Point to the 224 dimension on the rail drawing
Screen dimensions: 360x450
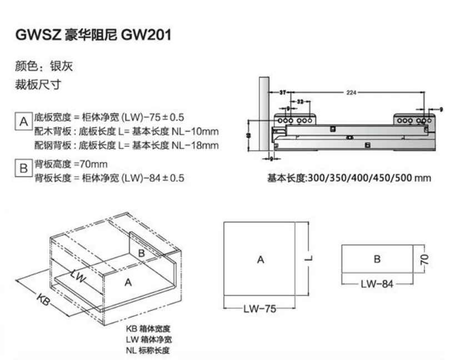click(x=351, y=92)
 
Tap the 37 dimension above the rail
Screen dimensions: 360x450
click(x=283, y=92)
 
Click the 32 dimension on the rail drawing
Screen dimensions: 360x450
click(x=300, y=102)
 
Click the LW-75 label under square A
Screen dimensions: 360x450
click(x=259, y=309)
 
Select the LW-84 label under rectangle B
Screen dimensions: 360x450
click(x=377, y=284)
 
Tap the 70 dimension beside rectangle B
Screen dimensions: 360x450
click(x=424, y=259)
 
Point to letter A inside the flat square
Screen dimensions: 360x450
click(x=260, y=259)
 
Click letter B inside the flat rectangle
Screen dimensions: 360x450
click(x=377, y=259)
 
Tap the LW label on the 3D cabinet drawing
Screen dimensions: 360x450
click(x=78, y=277)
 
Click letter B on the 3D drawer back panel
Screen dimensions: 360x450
click(x=142, y=253)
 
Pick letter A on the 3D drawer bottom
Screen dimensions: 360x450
click(x=128, y=282)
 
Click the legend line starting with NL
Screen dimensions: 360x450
click(x=147, y=350)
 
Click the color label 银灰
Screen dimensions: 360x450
click(x=61, y=67)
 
